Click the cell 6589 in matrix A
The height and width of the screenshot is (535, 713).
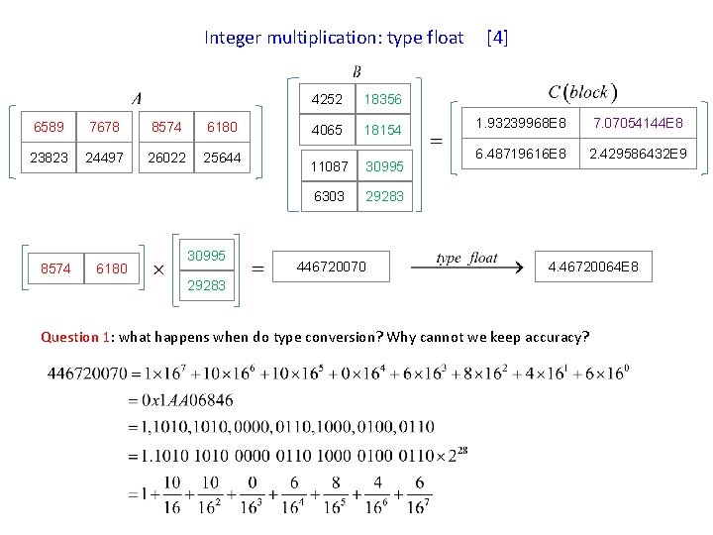point(49,128)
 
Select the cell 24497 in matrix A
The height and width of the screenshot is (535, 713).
point(104,157)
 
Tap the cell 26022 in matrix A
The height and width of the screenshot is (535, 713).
point(165,157)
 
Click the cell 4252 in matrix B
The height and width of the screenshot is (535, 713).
point(327,100)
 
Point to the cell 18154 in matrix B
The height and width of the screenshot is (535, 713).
point(384,130)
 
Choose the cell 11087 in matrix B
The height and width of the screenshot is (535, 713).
point(329,166)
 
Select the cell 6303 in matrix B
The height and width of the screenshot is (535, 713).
point(329,196)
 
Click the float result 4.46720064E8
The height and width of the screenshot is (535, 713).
point(594,267)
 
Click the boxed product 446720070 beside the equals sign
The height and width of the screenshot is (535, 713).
point(332,267)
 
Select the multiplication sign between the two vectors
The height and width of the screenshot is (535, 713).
point(156,267)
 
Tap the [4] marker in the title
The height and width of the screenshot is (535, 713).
point(497,38)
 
